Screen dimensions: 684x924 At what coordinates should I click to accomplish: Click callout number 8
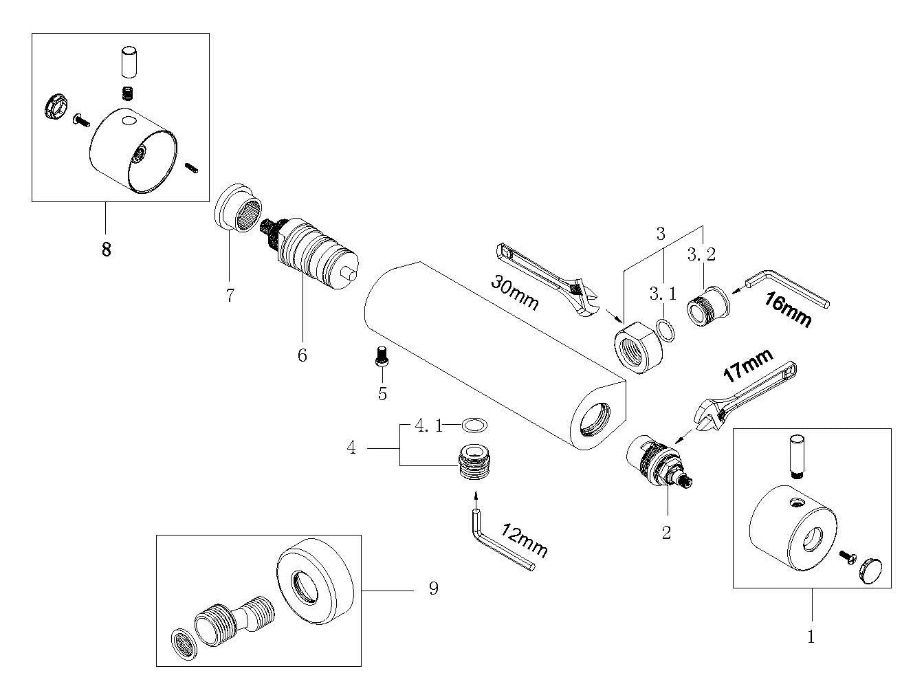pos(106,248)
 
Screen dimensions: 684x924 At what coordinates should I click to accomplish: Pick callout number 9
pos(432,589)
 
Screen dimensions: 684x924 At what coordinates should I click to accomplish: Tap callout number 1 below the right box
pos(811,637)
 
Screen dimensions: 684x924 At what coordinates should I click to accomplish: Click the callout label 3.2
pos(701,254)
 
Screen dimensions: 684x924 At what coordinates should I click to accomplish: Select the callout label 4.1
pos(428,426)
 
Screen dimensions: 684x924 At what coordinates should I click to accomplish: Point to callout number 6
pos(302,355)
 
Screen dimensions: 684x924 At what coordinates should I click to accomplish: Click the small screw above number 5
pos(380,356)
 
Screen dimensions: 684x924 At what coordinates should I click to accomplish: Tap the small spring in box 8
pos(126,93)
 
